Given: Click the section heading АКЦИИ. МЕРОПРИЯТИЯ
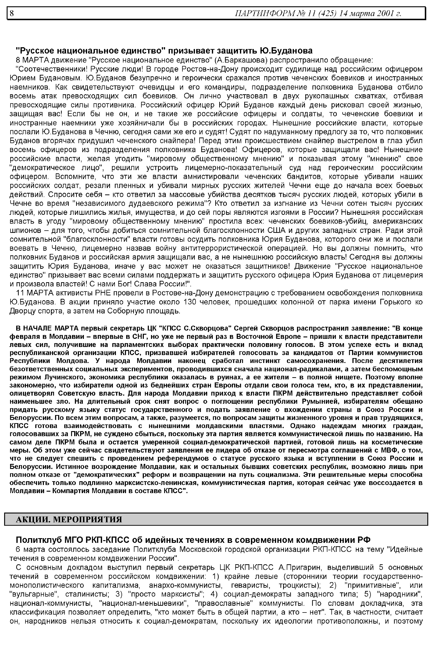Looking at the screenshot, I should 69,520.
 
